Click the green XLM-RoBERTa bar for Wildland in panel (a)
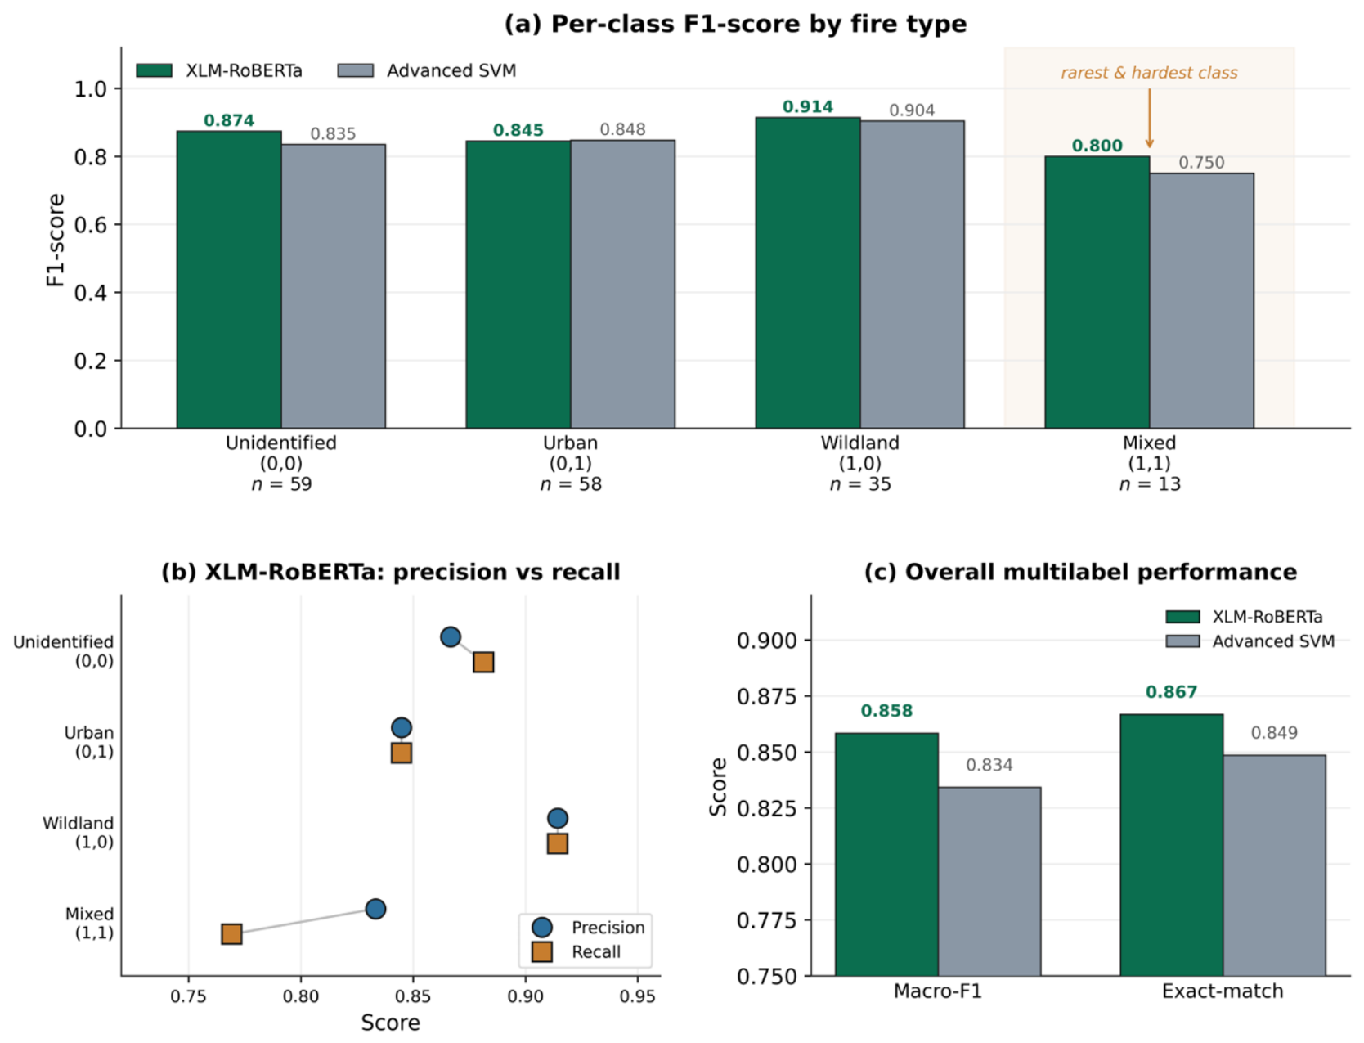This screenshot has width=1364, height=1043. (807, 272)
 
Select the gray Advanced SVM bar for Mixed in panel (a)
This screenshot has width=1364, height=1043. (1201, 301)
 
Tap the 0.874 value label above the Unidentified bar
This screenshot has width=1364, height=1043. (229, 120)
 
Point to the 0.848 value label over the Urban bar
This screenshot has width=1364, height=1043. (622, 129)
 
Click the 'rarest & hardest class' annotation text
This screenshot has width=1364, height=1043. (1149, 73)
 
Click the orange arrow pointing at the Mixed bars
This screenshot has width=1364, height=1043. (1149, 118)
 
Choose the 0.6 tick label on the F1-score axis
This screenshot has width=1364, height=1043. (91, 224)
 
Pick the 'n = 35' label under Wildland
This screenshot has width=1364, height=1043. (860, 484)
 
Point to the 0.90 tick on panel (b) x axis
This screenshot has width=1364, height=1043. (525, 996)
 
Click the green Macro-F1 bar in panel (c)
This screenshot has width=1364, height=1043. (886, 854)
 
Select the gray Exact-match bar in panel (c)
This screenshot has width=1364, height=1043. (1274, 865)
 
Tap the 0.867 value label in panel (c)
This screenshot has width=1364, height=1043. (1171, 692)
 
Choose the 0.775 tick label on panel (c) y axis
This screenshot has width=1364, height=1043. (767, 920)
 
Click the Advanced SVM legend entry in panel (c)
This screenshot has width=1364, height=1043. (1250, 641)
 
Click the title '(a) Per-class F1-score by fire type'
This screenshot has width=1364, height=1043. (735, 24)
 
